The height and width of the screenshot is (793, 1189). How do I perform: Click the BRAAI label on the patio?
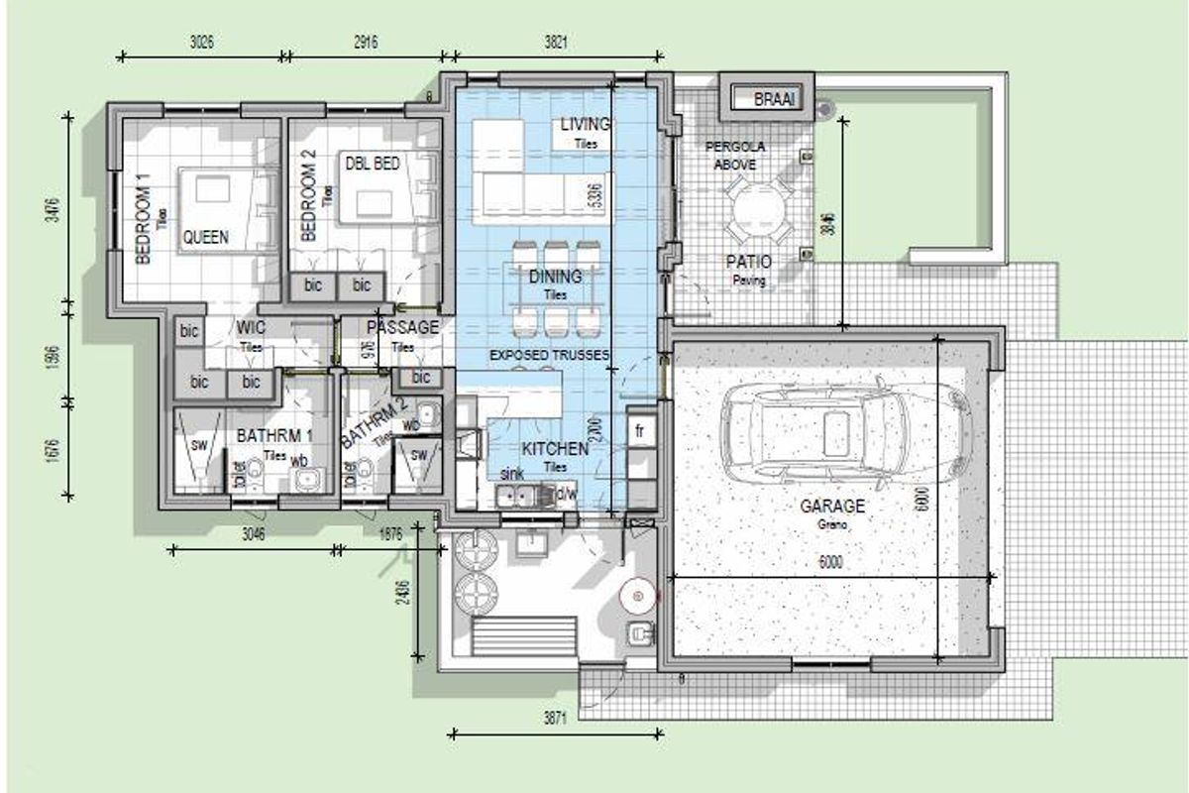pyautogui.click(x=774, y=100)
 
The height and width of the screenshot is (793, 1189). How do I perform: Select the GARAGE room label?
pyautogui.click(x=832, y=507)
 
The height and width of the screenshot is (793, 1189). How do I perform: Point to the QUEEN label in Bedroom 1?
pyautogui.click(x=205, y=238)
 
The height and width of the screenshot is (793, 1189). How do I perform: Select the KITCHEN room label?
pyautogui.click(x=556, y=449)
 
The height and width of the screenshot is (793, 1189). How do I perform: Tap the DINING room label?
pyautogui.click(x=555, y=278)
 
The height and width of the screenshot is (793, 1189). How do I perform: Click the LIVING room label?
pyautogui.click(x=586, y=125)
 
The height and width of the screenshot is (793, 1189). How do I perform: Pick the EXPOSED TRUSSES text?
pyautogui.click(x=550, y=355)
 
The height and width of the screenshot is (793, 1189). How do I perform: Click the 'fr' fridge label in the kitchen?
pyautogui.click(x=640, y=432)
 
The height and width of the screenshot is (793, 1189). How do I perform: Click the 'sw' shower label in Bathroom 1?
pyautogui.click(x=199, y=445)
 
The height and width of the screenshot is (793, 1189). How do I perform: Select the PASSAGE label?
pyautogui.click(x=402, y=327)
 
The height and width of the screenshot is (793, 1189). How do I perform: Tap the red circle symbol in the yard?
pyautogui.click(x=637, y=596)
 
